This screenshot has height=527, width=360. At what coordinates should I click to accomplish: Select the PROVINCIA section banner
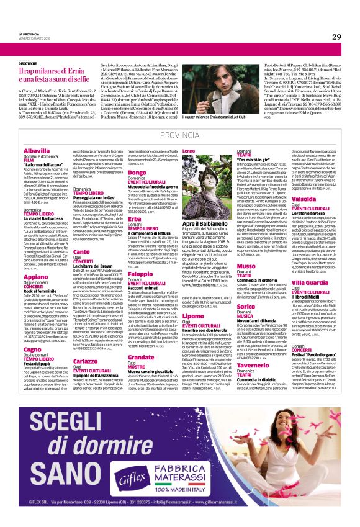click(x=179, y=135)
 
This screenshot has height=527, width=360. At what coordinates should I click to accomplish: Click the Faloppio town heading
click(x=140, y=274)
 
